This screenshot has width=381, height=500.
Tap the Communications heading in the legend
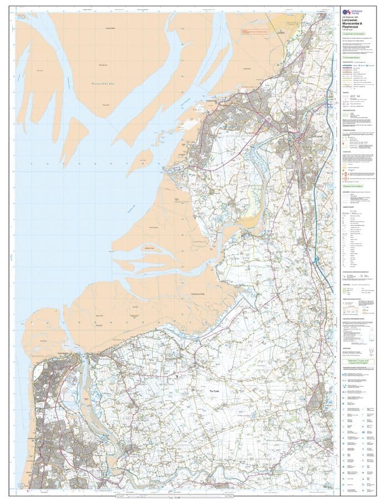click(355, 57)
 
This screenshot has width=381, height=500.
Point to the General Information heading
click(355, 187)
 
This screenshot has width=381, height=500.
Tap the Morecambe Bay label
click(106, 84)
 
